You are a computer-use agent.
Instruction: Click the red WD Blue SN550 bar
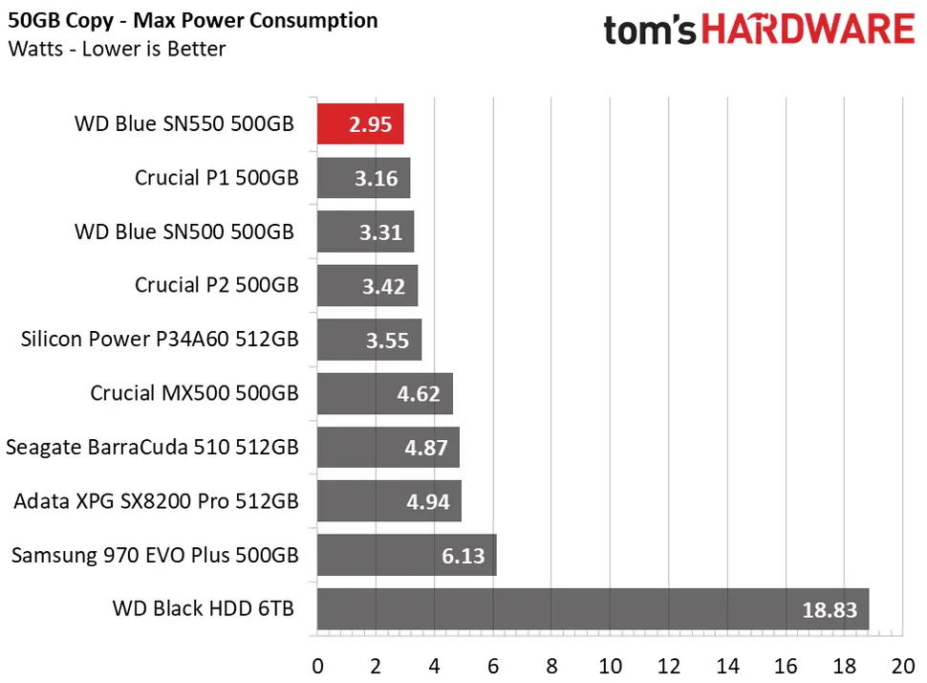(x=359, y=124)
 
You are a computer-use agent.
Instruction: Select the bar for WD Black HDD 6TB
(x=593, y=608)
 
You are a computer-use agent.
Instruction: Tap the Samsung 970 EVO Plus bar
(x=406, y=555)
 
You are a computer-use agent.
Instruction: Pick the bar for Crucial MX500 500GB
(x=384, y=393)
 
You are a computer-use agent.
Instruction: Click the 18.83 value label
(x=829, y=609)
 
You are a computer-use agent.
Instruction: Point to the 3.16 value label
(x=375, y=179)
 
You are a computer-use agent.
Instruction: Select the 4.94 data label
(x=426, y=501)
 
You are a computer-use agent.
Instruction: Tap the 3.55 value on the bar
(x=386, y=340)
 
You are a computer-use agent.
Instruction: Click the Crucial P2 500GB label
(x=217, y=285)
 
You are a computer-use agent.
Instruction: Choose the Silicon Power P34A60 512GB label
(x=160, y=339)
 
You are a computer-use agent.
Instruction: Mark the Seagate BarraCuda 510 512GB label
(x=152, y=447)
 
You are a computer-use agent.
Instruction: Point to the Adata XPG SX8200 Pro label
(x=156, y=500)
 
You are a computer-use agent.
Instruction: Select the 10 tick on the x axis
(x=610, y=664)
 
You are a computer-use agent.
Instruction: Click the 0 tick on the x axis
(x=317, y=664)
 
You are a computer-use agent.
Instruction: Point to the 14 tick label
(x=727, y=664)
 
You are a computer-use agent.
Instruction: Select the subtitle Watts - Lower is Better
(x=117, y=49)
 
